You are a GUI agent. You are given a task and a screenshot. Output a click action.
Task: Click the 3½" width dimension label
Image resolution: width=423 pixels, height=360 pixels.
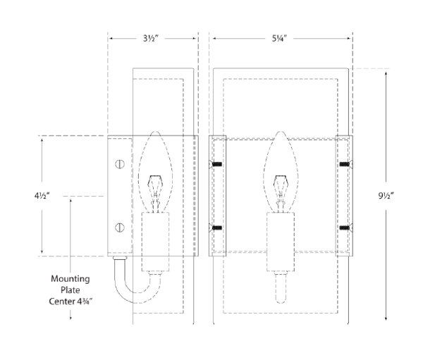tap(150, 39)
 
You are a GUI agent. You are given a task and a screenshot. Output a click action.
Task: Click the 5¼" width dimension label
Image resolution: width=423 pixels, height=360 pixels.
tap(279, 39)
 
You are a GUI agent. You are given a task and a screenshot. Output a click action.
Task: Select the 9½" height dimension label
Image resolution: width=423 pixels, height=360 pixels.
tap(386, 196)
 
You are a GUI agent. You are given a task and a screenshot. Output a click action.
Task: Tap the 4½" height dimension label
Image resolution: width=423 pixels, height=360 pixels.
tap(42, 196)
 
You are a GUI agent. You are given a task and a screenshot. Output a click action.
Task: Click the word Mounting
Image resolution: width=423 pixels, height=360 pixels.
tap(70, 279)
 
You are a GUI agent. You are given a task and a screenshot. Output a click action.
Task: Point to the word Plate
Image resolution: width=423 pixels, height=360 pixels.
tap(70, 290)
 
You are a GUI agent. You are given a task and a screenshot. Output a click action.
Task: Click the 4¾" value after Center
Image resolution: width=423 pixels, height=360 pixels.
tap(85, 302)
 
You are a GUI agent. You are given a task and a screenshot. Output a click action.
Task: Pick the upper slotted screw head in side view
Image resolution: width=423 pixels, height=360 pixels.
tap(120, 164)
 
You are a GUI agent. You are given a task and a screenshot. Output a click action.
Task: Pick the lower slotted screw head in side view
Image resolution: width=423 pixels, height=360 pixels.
tap(120, 228)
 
